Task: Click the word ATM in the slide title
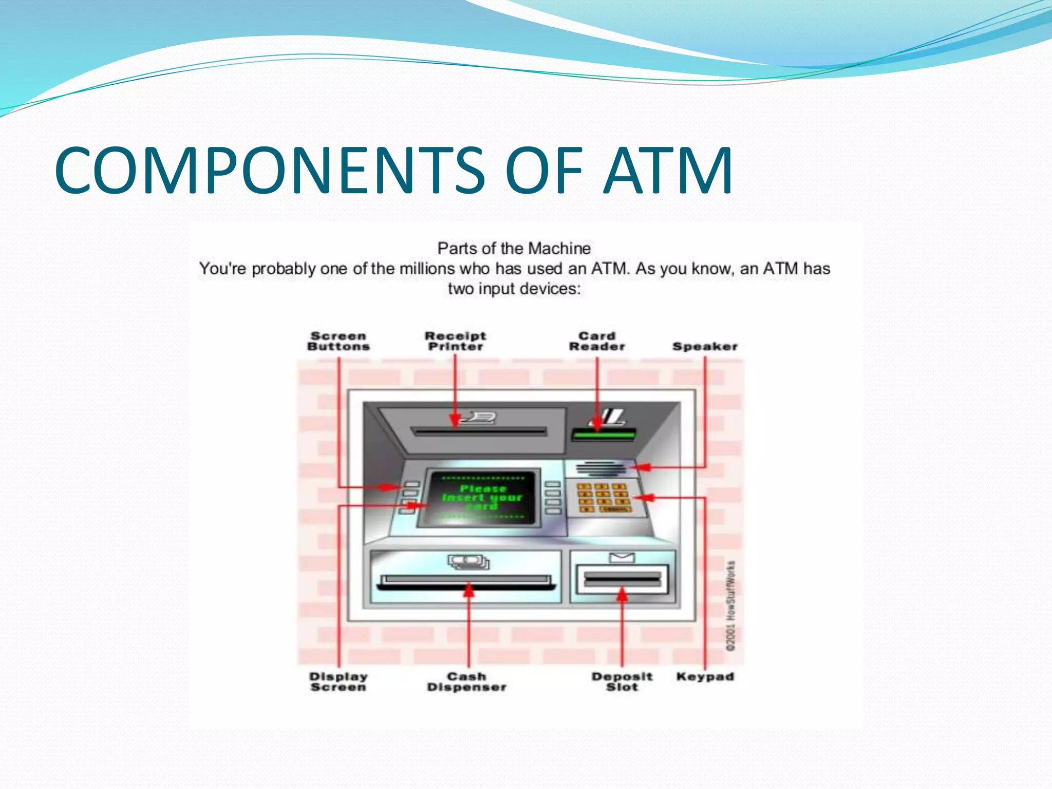pos(667,171)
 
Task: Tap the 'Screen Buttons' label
pos(338,341)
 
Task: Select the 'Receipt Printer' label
pos(455,341)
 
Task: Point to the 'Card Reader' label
pos(597,341)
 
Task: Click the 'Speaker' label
pos(705,347)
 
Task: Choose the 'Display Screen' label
pos(338,682)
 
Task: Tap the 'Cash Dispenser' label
pos(466,682)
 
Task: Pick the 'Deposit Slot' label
pos(622,682)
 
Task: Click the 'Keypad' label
pos(705,677)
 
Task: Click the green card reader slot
pos(604,435)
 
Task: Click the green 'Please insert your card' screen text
pos(482,497)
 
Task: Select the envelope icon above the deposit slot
pos(622,558)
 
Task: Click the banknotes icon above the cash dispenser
pos(468,561)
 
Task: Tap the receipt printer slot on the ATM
pos(480,431)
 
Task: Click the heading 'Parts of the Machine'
pos(514,249)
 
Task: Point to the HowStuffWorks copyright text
pos(730,606)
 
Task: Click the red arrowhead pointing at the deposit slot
pos(622,594)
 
